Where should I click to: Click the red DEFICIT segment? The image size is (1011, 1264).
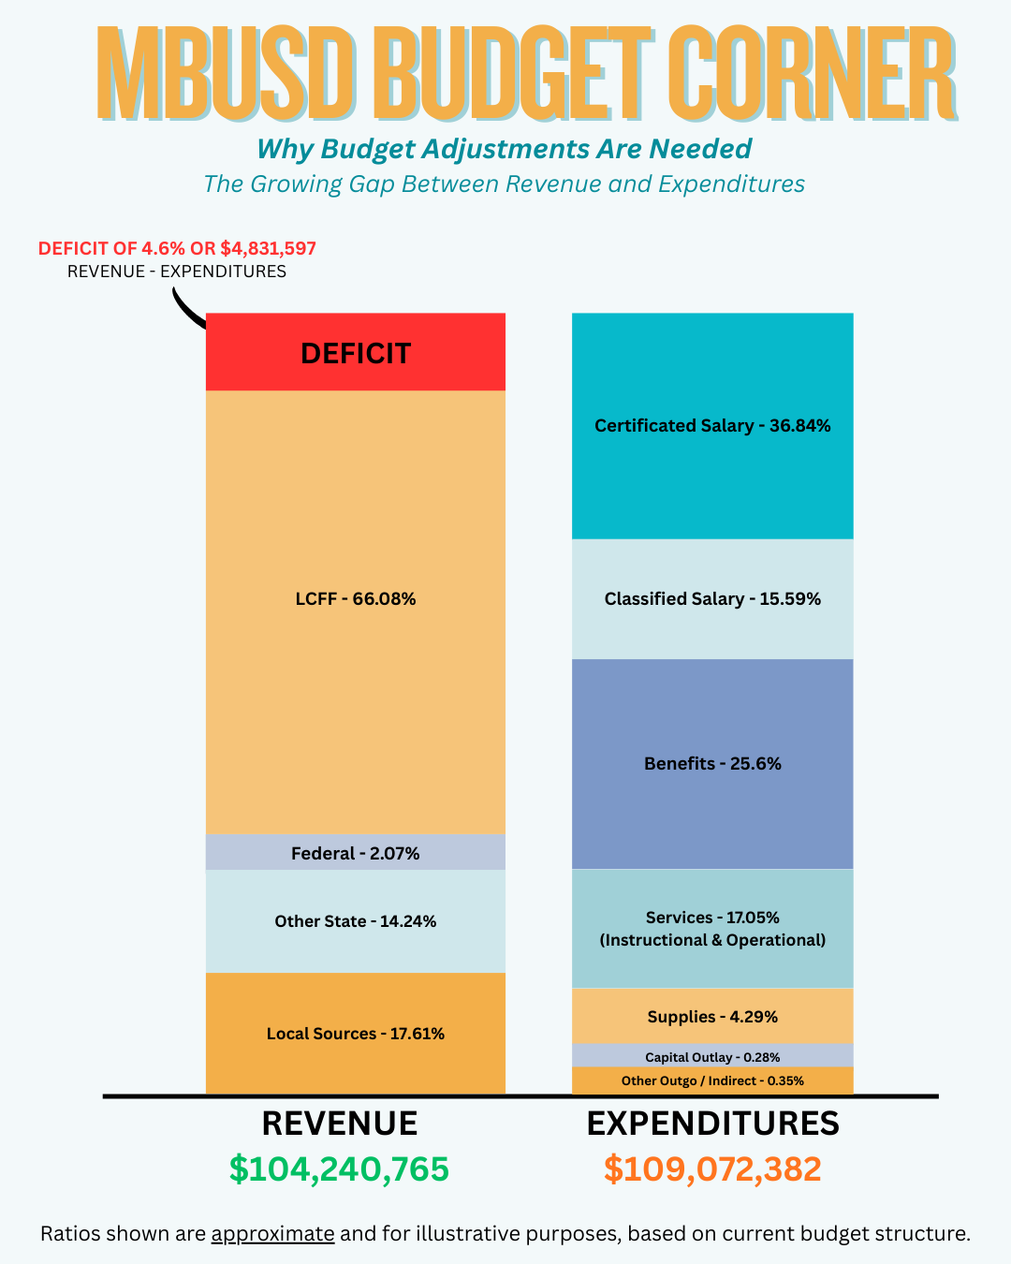[356, 353]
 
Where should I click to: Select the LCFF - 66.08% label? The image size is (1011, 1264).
[356, 599]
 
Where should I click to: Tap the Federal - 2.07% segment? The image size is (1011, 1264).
[356, 853]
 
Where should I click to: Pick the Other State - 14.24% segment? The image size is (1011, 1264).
[356, 921]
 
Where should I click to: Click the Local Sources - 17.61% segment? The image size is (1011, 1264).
[356, 1034]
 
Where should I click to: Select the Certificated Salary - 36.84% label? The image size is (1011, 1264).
[712, 426]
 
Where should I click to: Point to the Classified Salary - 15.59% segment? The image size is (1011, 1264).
[712, 599]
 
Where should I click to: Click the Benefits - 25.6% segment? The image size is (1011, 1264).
[712, 764]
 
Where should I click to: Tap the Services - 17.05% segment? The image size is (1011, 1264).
[712, 929]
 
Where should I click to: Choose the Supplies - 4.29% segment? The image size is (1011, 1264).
[712, 1017]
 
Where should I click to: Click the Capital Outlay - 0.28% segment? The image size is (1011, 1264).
[712, 1057]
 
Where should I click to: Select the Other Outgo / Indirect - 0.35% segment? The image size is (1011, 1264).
[712, 1081]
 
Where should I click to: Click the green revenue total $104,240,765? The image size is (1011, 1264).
[339, 1169]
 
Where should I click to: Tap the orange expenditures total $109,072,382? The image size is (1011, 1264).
[712, 1169]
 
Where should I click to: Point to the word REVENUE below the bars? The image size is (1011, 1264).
[339, 1124]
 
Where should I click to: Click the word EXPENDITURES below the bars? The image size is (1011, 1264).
[712, 1124]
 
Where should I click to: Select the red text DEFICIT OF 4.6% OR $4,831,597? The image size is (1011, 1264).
[177, 249]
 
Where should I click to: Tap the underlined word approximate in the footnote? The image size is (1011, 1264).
[272, 1234]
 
